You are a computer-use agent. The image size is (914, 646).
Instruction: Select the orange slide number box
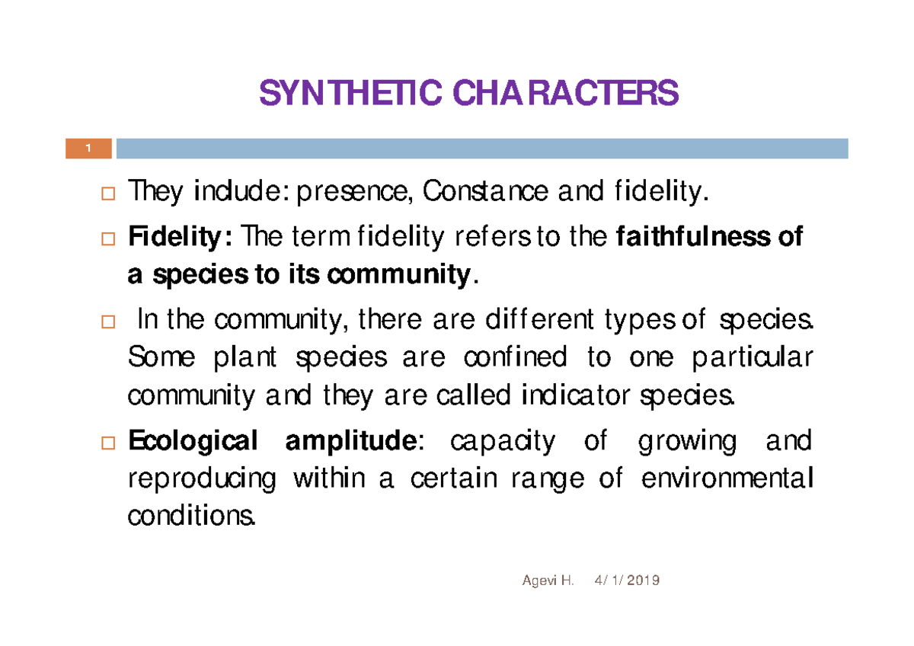pos(88,149)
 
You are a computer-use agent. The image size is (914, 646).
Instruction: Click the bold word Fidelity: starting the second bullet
pos(181,239)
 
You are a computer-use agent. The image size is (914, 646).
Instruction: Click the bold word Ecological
pos(193,442)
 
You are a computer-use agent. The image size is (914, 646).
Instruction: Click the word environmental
pos(726,480)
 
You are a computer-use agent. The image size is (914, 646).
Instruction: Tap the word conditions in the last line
pos(190,518)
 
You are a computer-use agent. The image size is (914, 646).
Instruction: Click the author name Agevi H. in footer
pos(547,580)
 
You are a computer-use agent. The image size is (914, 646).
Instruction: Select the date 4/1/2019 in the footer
pos(625,580)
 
